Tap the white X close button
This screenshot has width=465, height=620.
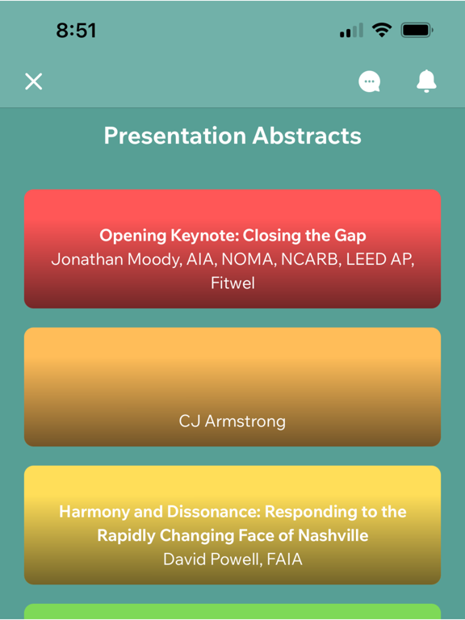[x=34, y=82]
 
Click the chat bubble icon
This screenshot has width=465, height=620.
[x=369, y=82]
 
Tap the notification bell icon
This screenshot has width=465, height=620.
[x=426, y=81]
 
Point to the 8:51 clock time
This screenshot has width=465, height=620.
[x=76, y=30]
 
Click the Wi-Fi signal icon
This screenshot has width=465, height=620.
[x=382, y=30]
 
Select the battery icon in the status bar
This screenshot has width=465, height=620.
[x=417, y=30]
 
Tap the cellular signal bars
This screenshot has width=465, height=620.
[x=351, y=31]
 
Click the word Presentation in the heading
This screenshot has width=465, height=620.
[x=174, y=136]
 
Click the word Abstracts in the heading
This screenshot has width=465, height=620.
[x=307, y=136]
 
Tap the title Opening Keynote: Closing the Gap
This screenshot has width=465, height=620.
[x=232, y=236]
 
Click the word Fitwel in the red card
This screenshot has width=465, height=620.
[x=232, y=283]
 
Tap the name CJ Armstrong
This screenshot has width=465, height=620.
[x=232, y=421]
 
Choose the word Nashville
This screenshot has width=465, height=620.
[x=333, y=535]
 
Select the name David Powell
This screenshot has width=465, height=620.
[x=212, y=559]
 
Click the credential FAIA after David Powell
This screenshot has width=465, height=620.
[x=285, y=559]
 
